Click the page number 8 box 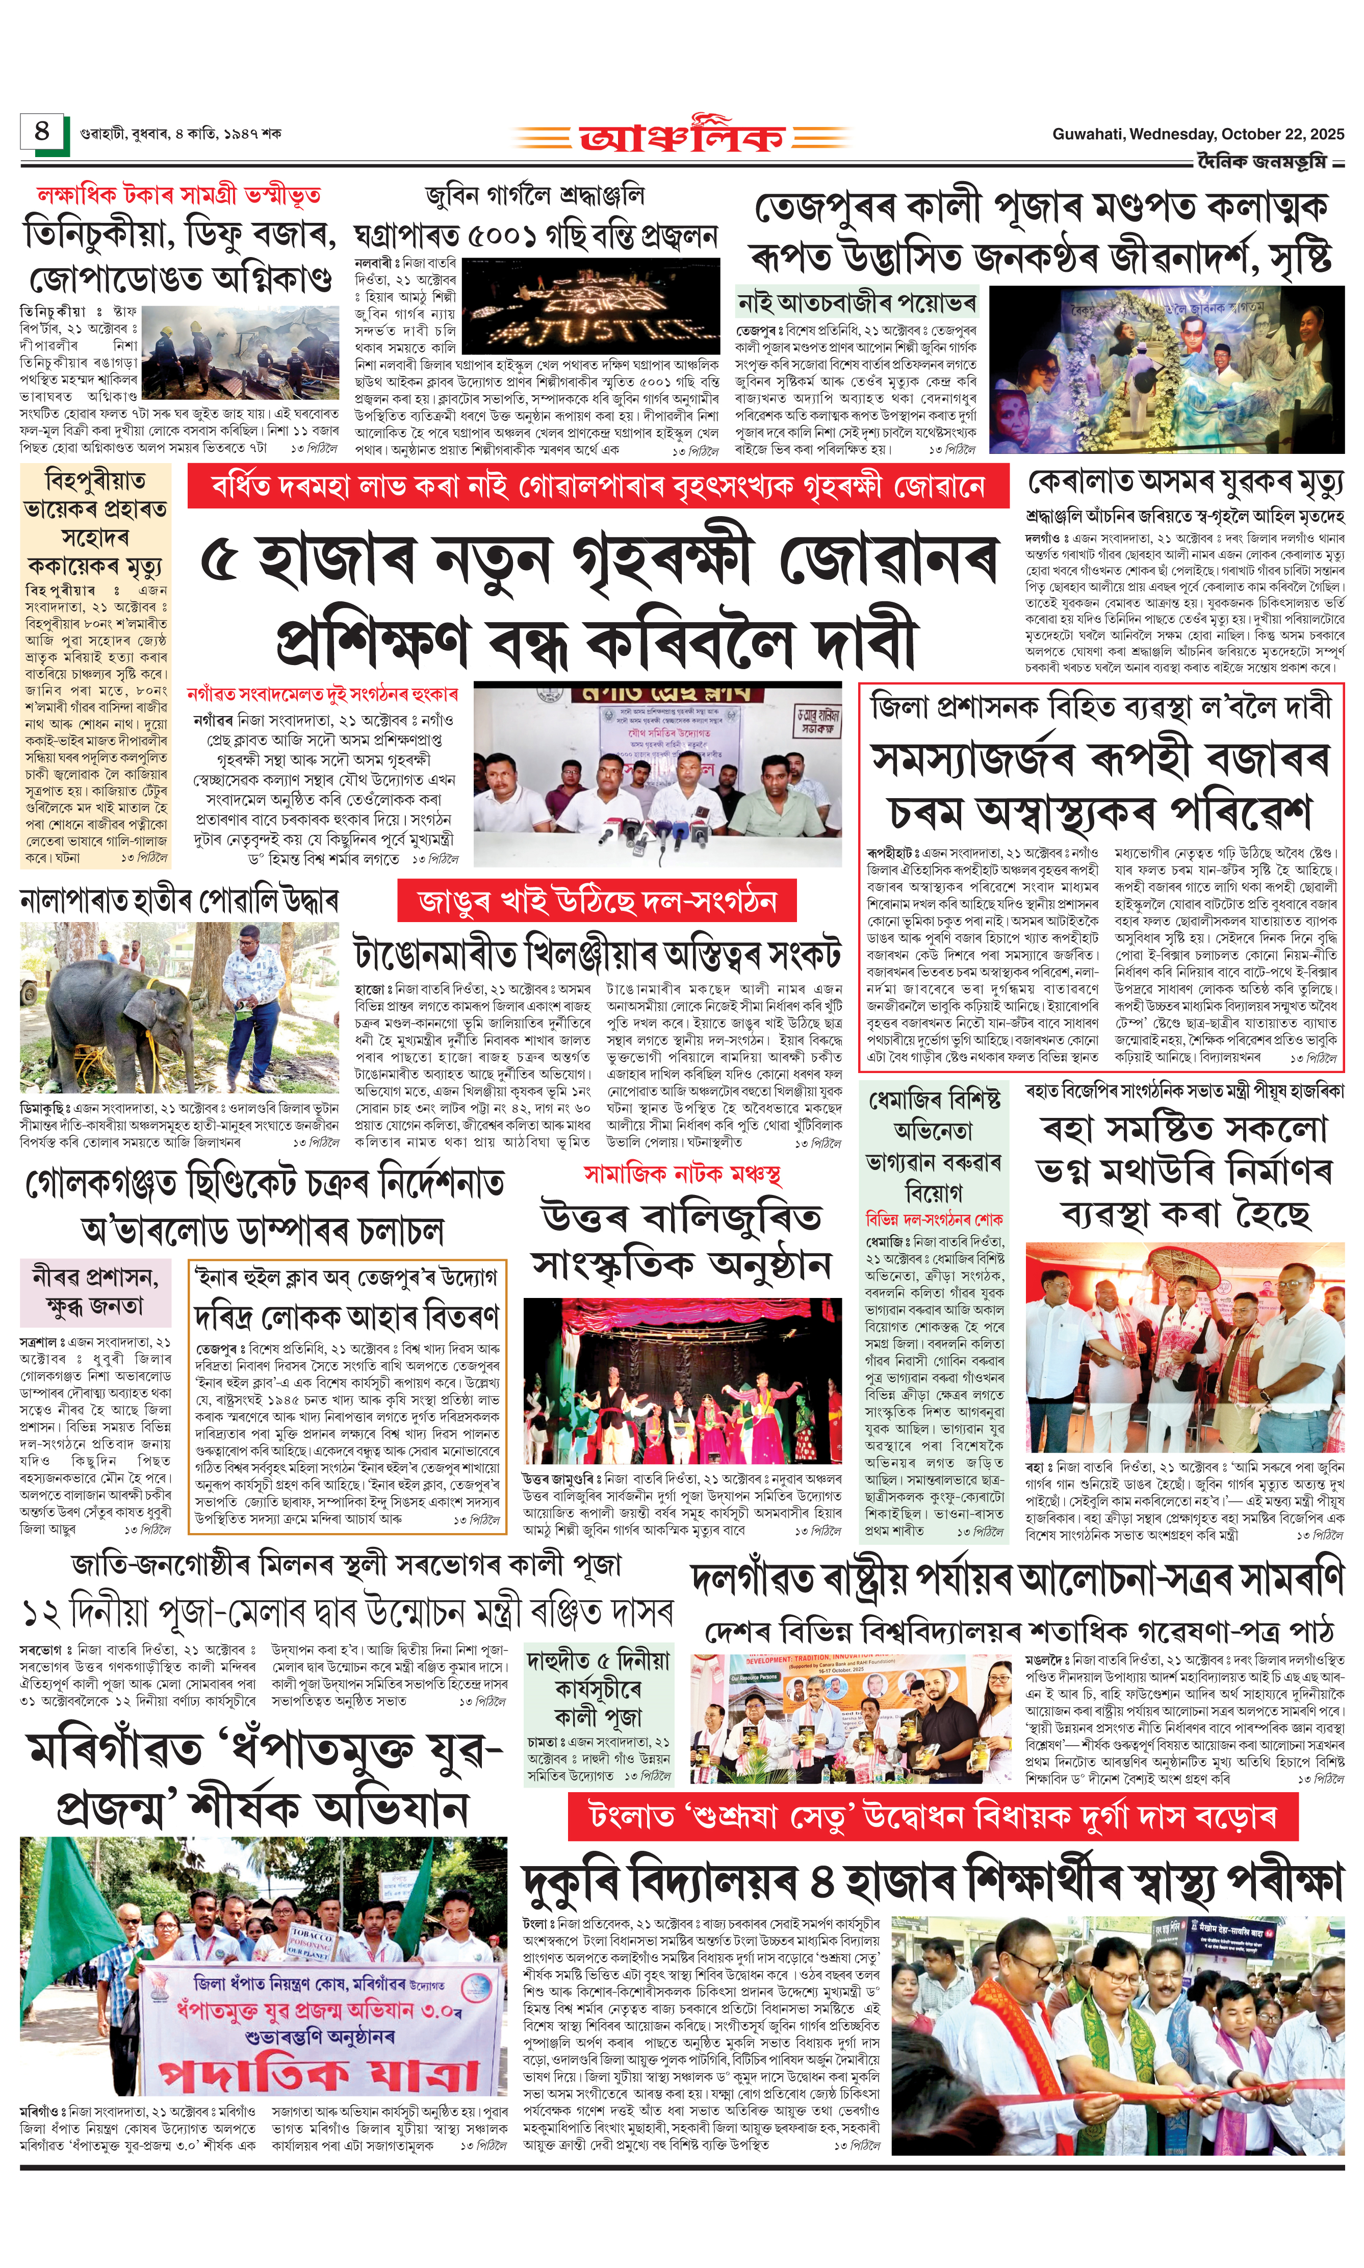(42, 133)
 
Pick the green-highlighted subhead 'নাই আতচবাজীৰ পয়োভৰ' (856, 302)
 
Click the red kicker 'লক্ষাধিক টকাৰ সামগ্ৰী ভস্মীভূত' (178, 195)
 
